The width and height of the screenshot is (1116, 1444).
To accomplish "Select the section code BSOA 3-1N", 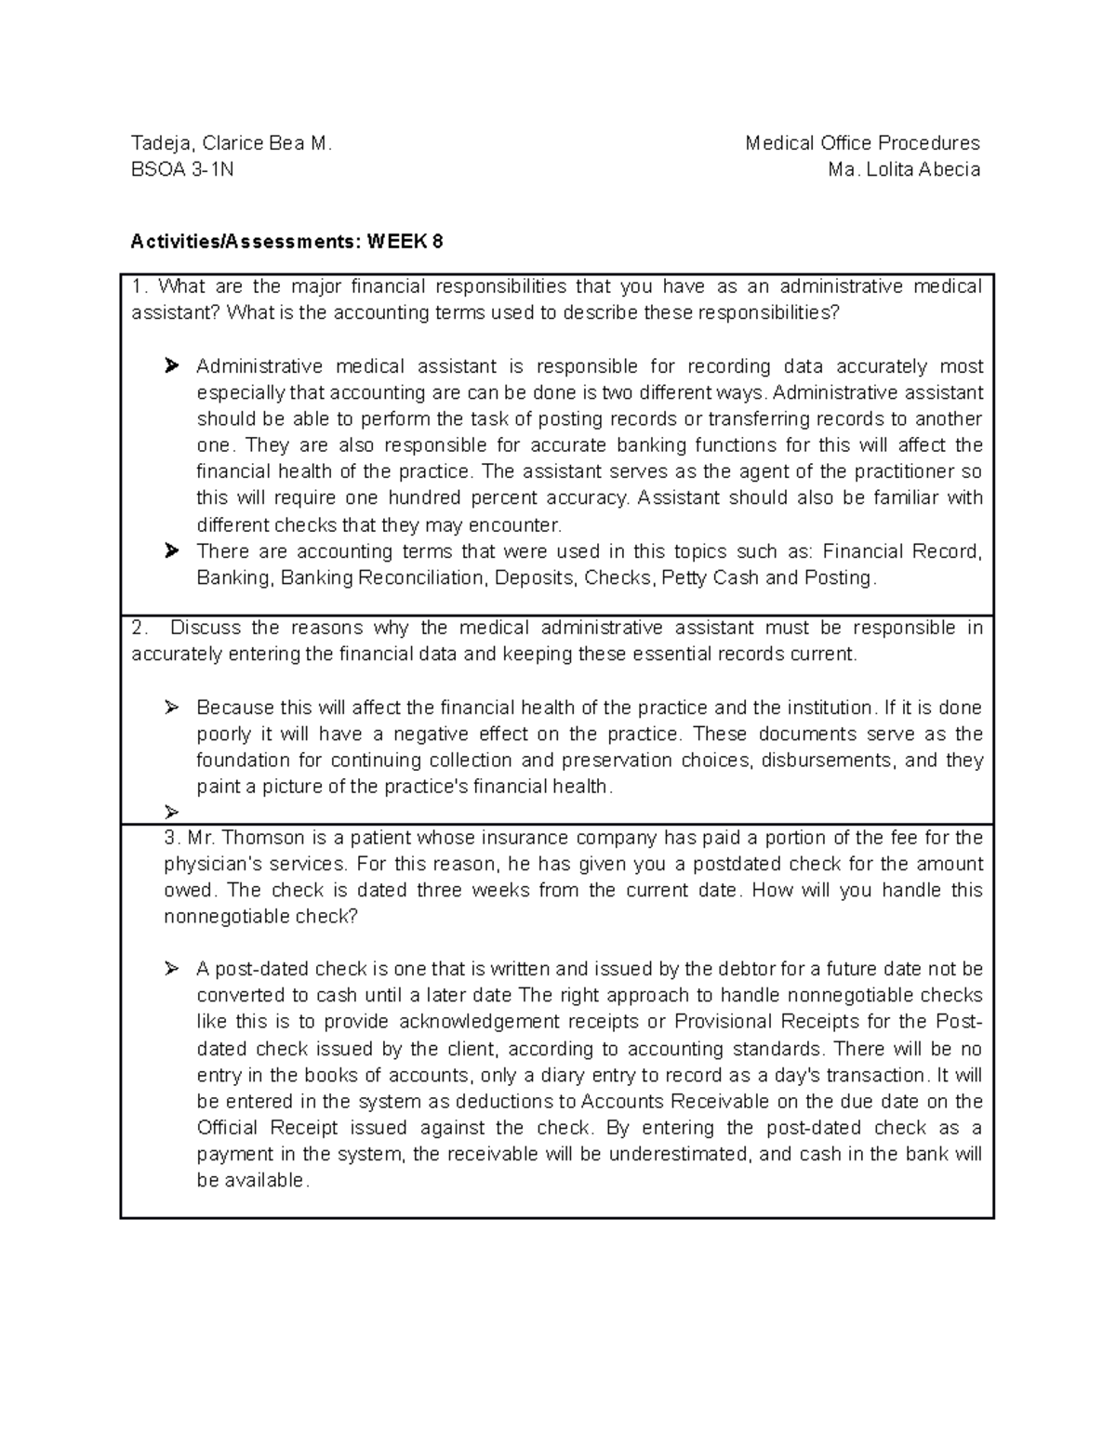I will pyautogui.click(x=182, y=169).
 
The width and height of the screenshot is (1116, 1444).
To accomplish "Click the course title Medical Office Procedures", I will pyautogui.click(x=862, y=143).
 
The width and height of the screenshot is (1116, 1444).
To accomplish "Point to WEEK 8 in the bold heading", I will pyautogui.click(x=405, y=242).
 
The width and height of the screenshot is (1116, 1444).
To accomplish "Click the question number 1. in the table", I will pyautogui.click(x=139, y=286).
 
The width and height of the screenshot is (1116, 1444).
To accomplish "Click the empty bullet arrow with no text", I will pyautogui.click(x=171, y=812).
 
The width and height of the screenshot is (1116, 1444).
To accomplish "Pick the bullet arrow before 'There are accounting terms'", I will pyautogui.click(x=171, y=551).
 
